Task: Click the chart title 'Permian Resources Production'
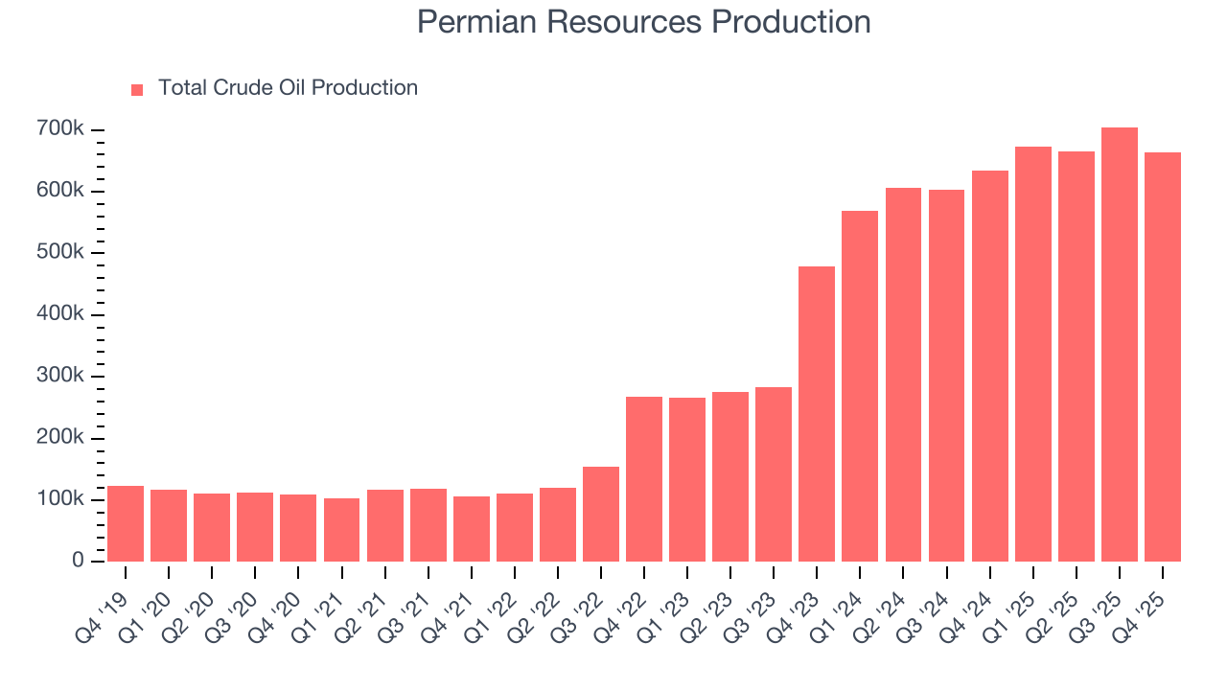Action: point(644,21)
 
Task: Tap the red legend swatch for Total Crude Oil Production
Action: point(137,89)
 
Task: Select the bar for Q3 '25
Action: point(1119,344)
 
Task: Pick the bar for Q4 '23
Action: point(817,414)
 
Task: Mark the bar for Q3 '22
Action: point(601,514)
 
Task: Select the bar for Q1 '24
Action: point(860,386)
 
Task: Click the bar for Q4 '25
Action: point(1162,356)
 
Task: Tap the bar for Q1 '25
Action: point(1032,354)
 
